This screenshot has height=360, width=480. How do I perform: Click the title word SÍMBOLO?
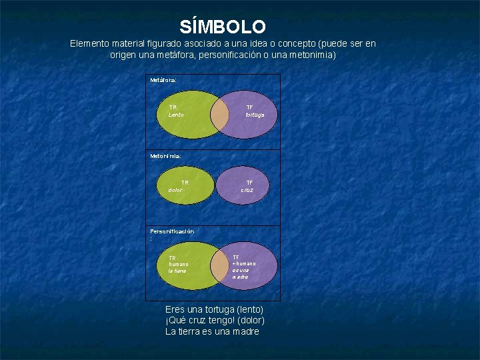[x=223, y=27]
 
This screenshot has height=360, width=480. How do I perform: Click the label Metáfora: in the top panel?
[x=163, y=79]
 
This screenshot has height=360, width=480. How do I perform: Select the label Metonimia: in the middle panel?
[x=165, y=155]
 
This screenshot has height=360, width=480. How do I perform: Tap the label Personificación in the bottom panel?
[x=172, y=231]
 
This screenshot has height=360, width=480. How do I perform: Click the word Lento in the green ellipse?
[x=176, y=115]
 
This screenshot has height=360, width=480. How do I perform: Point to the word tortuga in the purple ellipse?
[x=255, y=115]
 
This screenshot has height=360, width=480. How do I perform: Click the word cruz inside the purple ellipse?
[x=247, y=190]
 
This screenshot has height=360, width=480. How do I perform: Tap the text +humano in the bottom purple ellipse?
[x=243, y=263]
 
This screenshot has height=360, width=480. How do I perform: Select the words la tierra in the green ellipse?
[x=177, y=271]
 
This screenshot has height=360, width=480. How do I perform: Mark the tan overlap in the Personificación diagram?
[x=219, y=265]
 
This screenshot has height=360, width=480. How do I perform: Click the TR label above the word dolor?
[x=185, y=182]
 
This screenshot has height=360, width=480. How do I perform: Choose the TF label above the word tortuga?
[x=249, y=107]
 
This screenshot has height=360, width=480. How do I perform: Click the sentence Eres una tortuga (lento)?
[x=214, y=310]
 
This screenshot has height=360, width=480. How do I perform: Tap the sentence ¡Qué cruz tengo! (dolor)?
[x=215, y=321]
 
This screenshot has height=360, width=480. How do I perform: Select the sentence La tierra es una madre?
[x=212, y=331]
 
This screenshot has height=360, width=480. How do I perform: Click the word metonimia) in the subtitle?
[x=313, y=55]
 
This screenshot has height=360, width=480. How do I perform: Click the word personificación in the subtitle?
[x=227, y=55]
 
